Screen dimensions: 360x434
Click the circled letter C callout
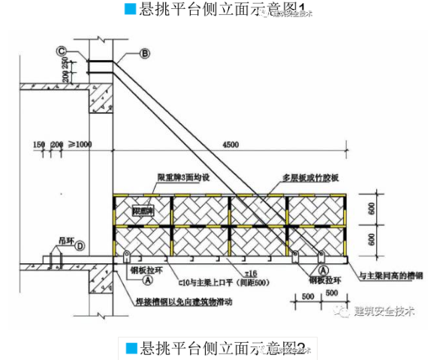tap(60, 50)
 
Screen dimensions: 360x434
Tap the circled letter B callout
tap(145, 52)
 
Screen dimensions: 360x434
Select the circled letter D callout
tap(80, 245)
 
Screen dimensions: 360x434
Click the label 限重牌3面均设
tap(182, 177)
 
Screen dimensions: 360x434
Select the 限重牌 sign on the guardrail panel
tap(143, 212)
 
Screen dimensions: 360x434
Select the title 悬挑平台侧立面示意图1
tap(218, 10)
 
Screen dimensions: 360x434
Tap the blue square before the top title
tap(131, 10)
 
